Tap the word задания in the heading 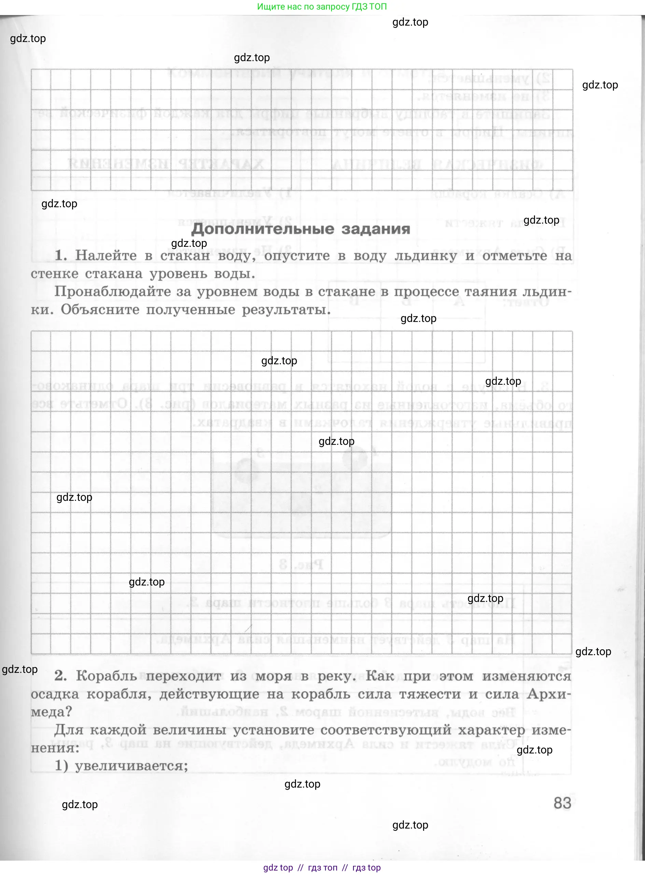[x=376, y=229]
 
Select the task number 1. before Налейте [x=61, y=256]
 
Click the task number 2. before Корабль [x=60, y=675]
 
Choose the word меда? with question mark [x=51, y=712]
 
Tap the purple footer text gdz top [x=278, y=868]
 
